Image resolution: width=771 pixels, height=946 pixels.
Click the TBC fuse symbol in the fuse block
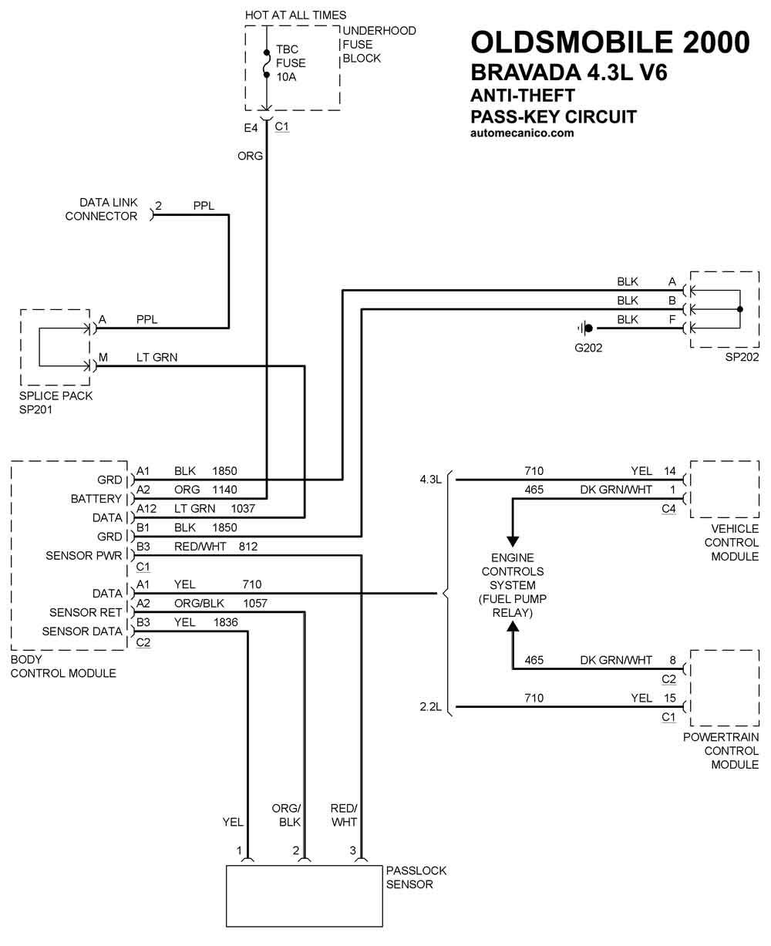[x=267, y=63]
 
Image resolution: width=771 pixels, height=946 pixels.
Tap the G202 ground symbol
[x=587, y=328]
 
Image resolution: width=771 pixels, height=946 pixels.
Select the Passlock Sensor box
[x=304, y=895]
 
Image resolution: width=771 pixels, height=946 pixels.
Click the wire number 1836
[x=226, y=622]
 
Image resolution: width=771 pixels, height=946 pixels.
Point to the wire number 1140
[x=224, y=489]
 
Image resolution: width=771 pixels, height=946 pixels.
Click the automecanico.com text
[x=522, y=133]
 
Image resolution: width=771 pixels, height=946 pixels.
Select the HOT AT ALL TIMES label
[x=295, y=15]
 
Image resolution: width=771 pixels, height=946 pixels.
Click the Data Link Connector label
[x=101, y=210]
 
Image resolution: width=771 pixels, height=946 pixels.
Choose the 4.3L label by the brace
[x=431, y=480]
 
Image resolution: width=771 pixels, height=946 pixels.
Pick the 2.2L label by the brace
[x=431, y=706]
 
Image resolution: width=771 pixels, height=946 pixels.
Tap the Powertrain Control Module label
[x=720, y=750]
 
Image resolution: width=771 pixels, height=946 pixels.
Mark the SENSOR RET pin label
[x=86, y=612]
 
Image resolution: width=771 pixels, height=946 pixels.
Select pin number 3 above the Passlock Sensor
[x=353, y=850]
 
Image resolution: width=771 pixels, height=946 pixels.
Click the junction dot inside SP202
[x=739, y=310]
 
